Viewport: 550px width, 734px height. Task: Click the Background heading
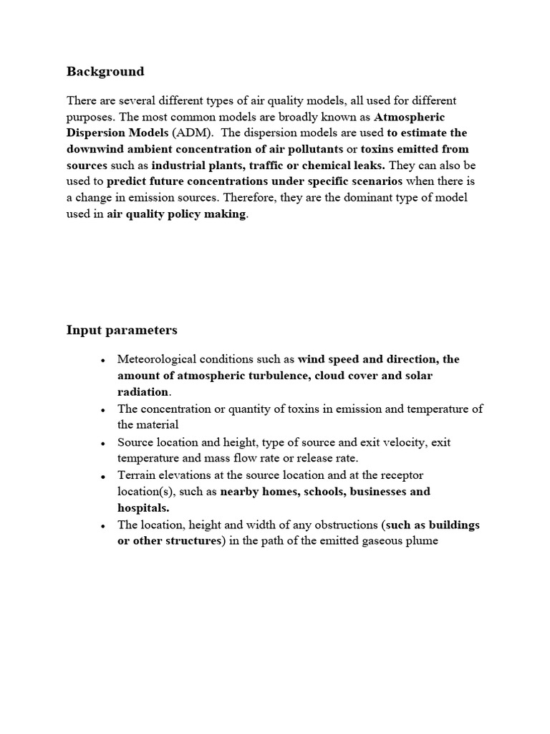pyautogui.click(x=105, y=71)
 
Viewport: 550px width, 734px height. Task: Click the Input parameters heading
pyautogui.click(x=122, y=330)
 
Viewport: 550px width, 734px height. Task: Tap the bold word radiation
pyautogui.click(x=143, y=393)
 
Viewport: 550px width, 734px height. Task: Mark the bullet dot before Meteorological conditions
pyautogui.click(x=104, y=361)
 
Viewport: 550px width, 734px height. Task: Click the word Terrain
pyautogui.click(x=137, y=475)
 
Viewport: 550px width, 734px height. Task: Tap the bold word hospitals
pyautogui.click(x=143, y=508)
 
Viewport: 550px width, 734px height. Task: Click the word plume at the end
pyautogui.click(x=421, y=541)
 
